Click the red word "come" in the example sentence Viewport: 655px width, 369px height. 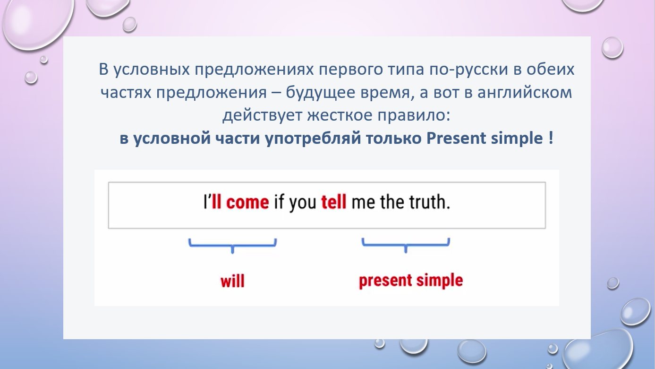point(247,202)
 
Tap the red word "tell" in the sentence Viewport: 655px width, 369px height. point(334,202)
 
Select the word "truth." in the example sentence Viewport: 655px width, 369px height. point(429,202)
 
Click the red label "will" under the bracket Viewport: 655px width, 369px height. point(232,281)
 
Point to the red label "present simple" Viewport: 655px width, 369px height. point(411,281)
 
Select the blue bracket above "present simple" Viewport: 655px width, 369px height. point(406,246)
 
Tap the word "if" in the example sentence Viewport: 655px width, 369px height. point(279,202)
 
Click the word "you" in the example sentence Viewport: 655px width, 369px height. point(303,203)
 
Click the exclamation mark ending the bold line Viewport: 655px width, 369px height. point(551,138)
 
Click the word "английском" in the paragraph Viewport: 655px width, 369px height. point(525,93)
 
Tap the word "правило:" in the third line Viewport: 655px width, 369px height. point(414,115)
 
